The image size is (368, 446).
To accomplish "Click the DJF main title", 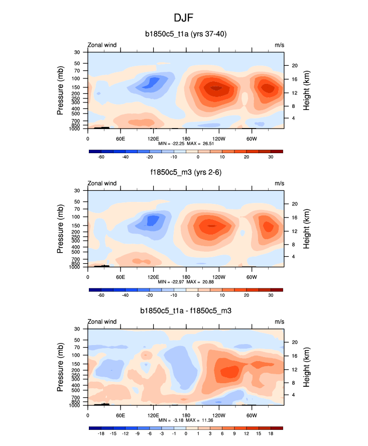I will coord(184,18).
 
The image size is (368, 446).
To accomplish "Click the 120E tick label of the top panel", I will coord(153,138).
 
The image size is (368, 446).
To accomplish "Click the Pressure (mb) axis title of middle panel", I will coord(60,229).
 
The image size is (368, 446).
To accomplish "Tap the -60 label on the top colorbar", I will coord(101,157).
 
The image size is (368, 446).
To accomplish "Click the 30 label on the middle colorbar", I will coord(271,296).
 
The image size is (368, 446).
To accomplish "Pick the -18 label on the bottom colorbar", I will coord(101,434).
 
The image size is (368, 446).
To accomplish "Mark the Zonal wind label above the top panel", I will coord(102,45).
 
